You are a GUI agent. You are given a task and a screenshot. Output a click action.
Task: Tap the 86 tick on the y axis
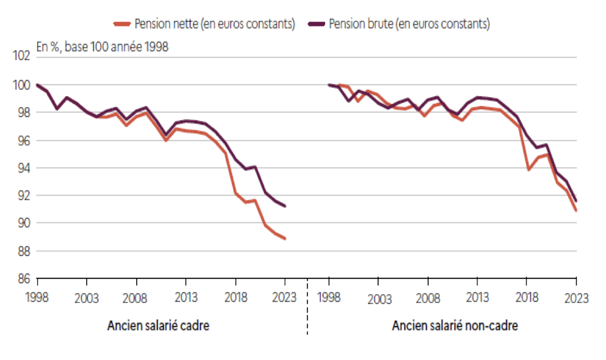22,278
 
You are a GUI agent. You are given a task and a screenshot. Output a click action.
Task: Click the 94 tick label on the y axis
22,168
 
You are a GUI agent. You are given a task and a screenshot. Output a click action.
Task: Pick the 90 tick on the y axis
22,223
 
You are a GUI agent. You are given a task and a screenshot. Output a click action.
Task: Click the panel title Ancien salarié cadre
158,326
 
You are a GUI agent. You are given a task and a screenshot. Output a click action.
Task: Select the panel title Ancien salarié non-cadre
455,326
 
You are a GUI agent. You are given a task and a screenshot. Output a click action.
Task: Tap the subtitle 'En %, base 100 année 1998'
102,47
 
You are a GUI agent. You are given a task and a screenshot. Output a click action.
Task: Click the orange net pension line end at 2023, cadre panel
285,238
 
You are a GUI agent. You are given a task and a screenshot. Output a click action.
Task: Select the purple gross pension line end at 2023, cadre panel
285,206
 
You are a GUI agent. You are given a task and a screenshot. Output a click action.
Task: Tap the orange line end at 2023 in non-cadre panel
576,211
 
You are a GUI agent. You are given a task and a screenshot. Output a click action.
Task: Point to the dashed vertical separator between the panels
307,306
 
